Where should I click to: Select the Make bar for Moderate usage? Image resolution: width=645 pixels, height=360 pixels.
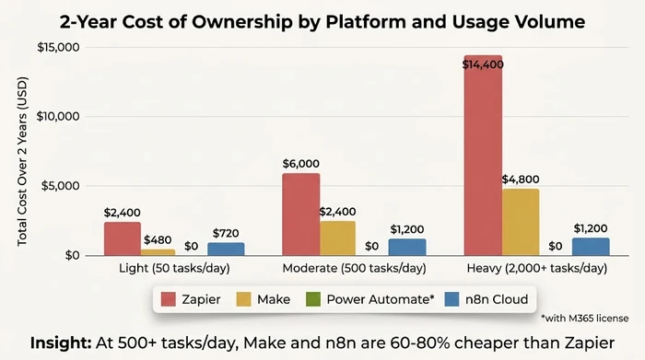coord(338,238)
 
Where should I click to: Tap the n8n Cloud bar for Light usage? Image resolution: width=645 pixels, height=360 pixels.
coord(226,249)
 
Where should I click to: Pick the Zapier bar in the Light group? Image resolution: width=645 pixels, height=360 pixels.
coord(123,238)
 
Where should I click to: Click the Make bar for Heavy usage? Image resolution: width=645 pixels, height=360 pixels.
coord(520,222)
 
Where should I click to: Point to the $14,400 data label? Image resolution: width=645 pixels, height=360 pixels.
coord(483,64)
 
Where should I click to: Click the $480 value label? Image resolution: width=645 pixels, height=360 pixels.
coord(158,239)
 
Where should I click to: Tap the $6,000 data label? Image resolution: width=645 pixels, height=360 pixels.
coord(302,162)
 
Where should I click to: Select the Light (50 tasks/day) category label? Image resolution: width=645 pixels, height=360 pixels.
coord(174,269)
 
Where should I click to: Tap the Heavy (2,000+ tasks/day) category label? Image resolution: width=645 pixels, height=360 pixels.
coord(535,269)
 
